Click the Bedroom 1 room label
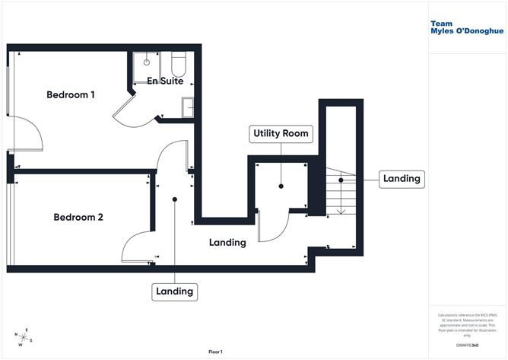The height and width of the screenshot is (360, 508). click(x=71, y=95)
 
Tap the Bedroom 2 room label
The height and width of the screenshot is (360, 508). click(x=78, y=217)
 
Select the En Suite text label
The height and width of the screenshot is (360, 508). click(x=165, y=81)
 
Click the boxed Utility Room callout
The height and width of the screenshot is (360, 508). click(x=281, y=133)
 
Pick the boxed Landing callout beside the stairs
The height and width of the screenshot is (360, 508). click(x=401, y=179)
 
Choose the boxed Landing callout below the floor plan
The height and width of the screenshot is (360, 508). click(x=175, y=291)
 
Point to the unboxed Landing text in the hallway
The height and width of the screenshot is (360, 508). click(x=227, y=243)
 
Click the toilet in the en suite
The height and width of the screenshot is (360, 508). click(x=178, y=62)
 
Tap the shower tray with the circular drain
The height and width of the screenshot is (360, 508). click(x=144, y=64)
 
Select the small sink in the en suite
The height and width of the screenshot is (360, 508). click(x=186, y=109)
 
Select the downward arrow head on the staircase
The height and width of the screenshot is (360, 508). click(x=341, y=212)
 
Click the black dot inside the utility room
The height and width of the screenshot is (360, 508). click(x=281, y=185)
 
